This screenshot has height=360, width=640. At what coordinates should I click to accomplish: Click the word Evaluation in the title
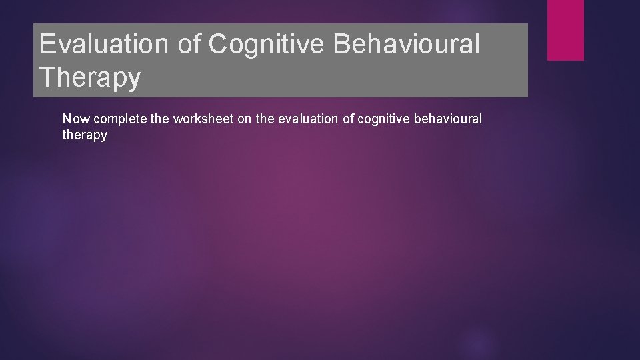tap(107, 45)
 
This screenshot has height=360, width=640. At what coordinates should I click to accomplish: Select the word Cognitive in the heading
tap(270, 45)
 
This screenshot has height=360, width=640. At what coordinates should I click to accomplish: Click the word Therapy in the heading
tap(90, 77)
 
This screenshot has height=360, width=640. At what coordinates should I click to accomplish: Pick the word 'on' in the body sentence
tap(244, 119)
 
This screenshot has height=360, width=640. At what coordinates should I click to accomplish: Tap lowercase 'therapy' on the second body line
tap(85, 135)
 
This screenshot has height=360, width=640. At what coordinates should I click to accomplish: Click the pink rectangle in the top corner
tap(565, 29)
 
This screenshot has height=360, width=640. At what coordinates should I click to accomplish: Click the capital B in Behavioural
tap(349, 45)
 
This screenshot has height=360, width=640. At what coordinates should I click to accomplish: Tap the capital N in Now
tap(67, 119)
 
